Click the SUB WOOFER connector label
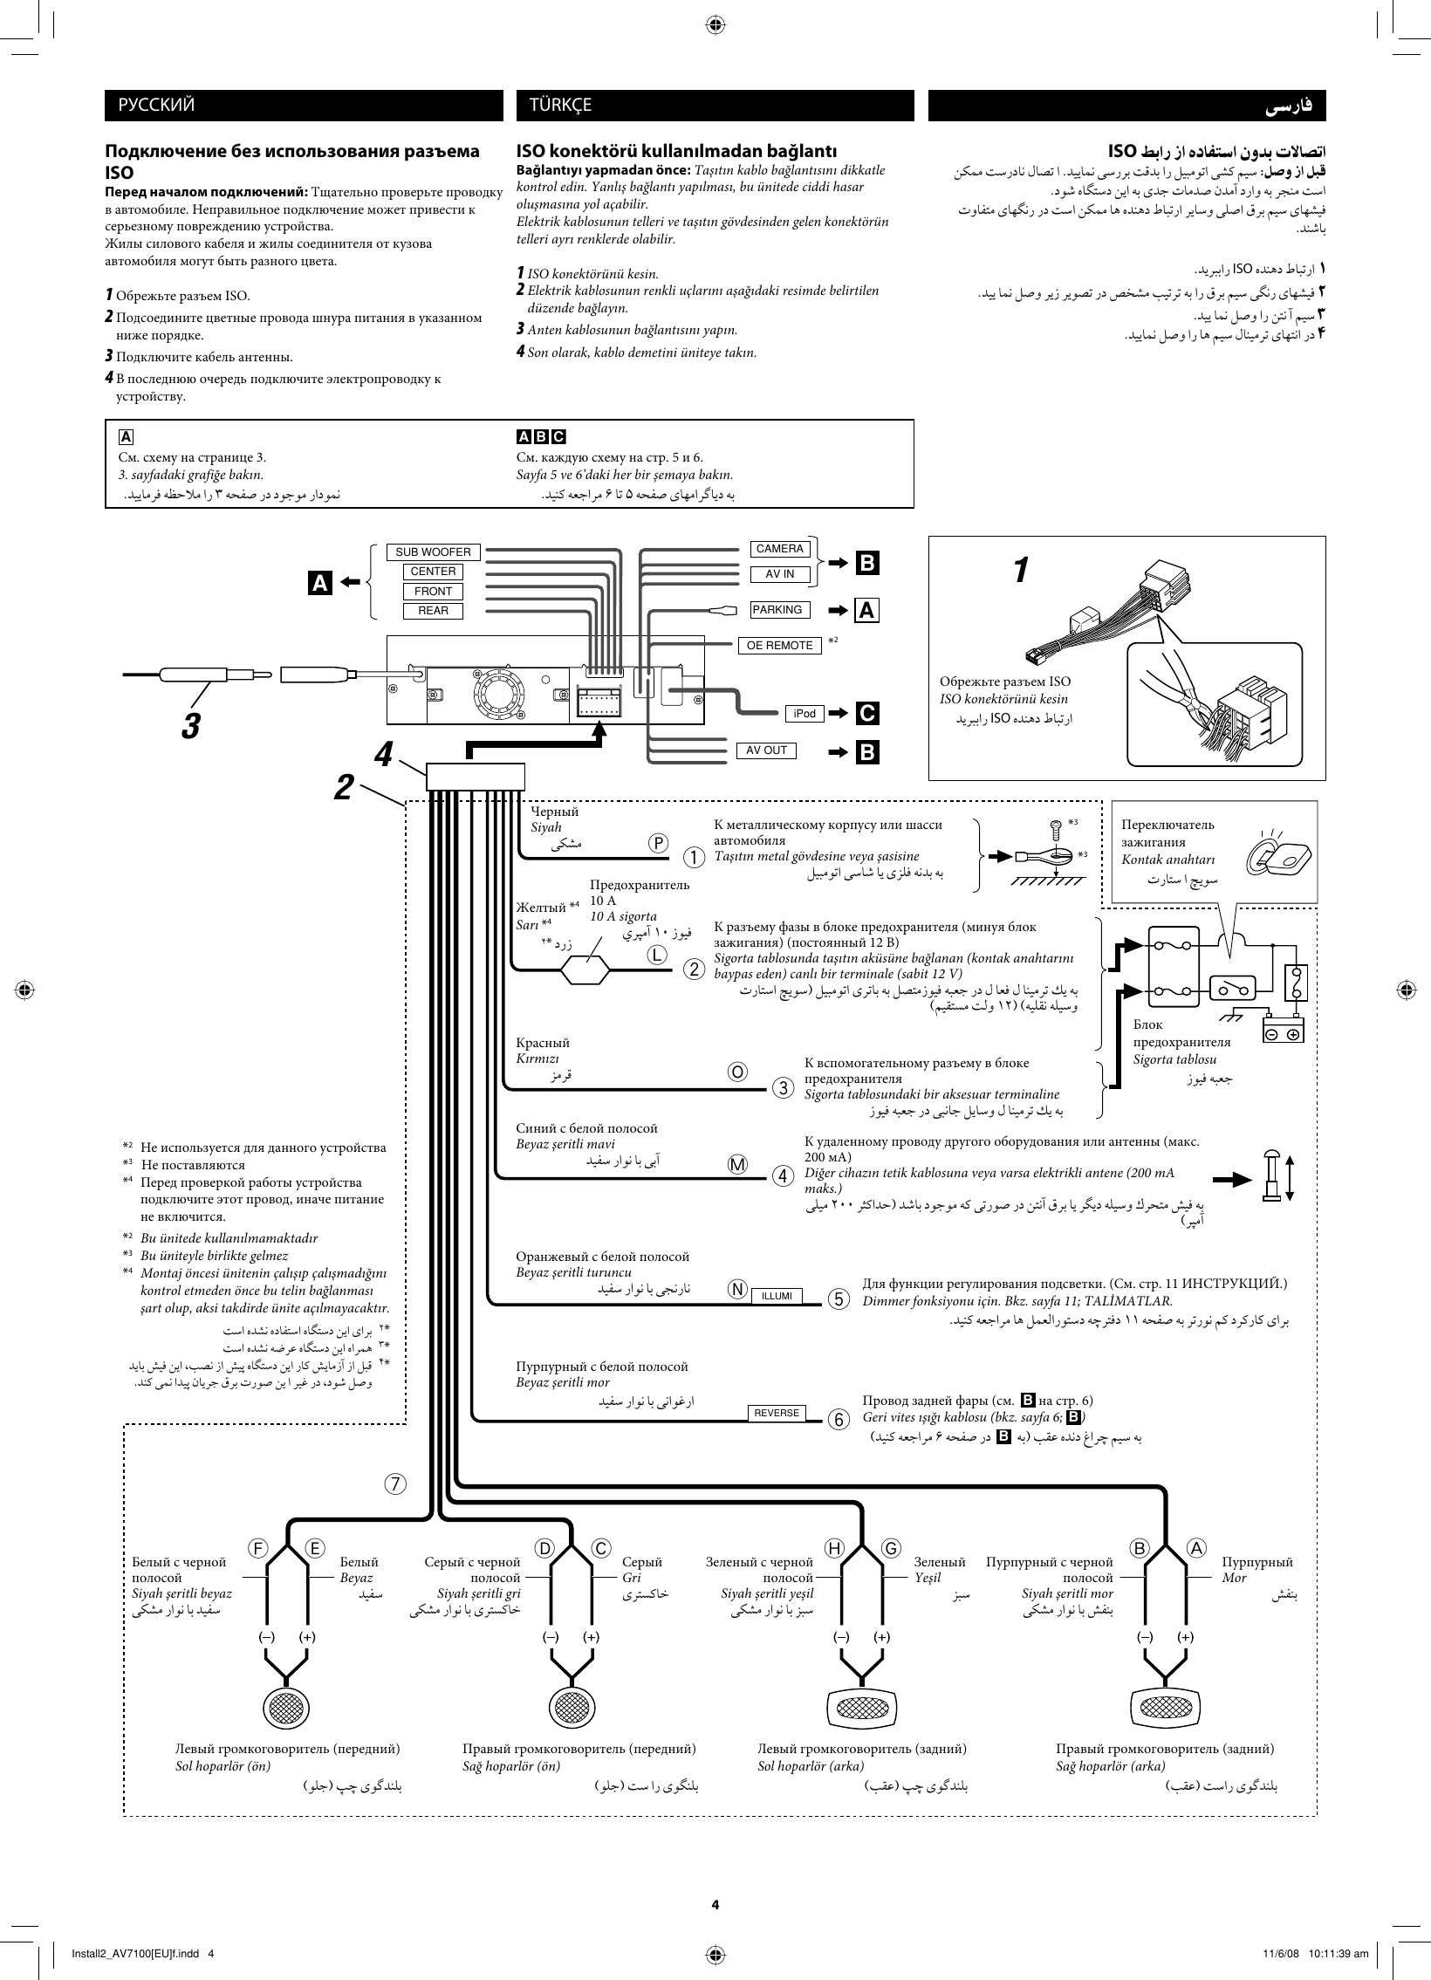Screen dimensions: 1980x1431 432,552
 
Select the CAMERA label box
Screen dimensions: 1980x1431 779,548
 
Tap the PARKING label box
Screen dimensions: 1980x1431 777,609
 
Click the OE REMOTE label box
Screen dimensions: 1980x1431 779,645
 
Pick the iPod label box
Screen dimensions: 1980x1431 805,713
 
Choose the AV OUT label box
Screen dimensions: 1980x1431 766,750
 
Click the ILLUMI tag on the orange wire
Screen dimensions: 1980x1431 777,1296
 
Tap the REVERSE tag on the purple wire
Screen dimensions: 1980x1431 777,1413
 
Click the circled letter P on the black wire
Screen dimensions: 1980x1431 658,843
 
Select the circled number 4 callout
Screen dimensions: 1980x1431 783,1176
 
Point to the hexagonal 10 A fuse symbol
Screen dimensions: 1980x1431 584,969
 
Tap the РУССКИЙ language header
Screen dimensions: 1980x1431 303,106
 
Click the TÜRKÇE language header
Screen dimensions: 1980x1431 714,106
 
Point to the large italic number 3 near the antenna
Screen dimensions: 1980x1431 191,724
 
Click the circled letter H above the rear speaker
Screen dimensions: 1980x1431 835,1548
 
